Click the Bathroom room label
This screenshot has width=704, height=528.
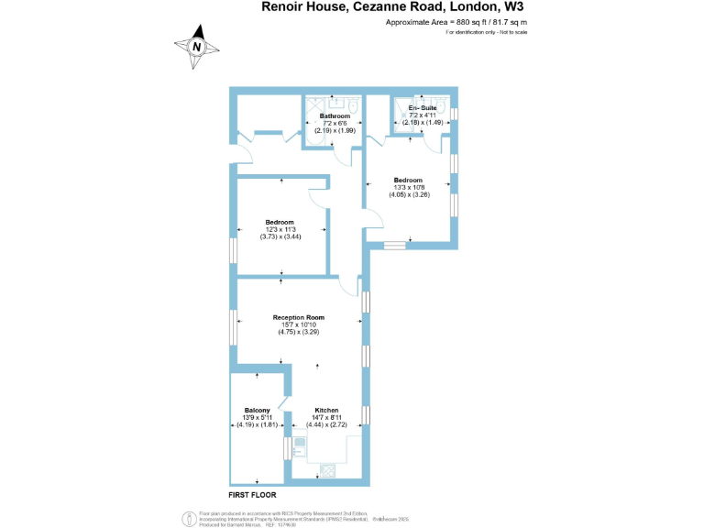(335, 116)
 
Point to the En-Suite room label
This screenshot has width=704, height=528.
(423, 108)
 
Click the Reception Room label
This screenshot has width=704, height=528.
(299, 318)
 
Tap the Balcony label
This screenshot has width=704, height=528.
(257, 410)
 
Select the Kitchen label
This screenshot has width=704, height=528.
(327, 410)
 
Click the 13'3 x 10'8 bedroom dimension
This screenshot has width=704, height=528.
(409, 187)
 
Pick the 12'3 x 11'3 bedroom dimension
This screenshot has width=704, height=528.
(280, 229)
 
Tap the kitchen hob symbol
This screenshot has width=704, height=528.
(326, 469)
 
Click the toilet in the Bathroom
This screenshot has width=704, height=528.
(354, 106)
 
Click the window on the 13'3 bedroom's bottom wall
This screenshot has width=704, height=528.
(394, 245)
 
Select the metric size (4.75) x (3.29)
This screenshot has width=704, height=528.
(299, 332)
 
